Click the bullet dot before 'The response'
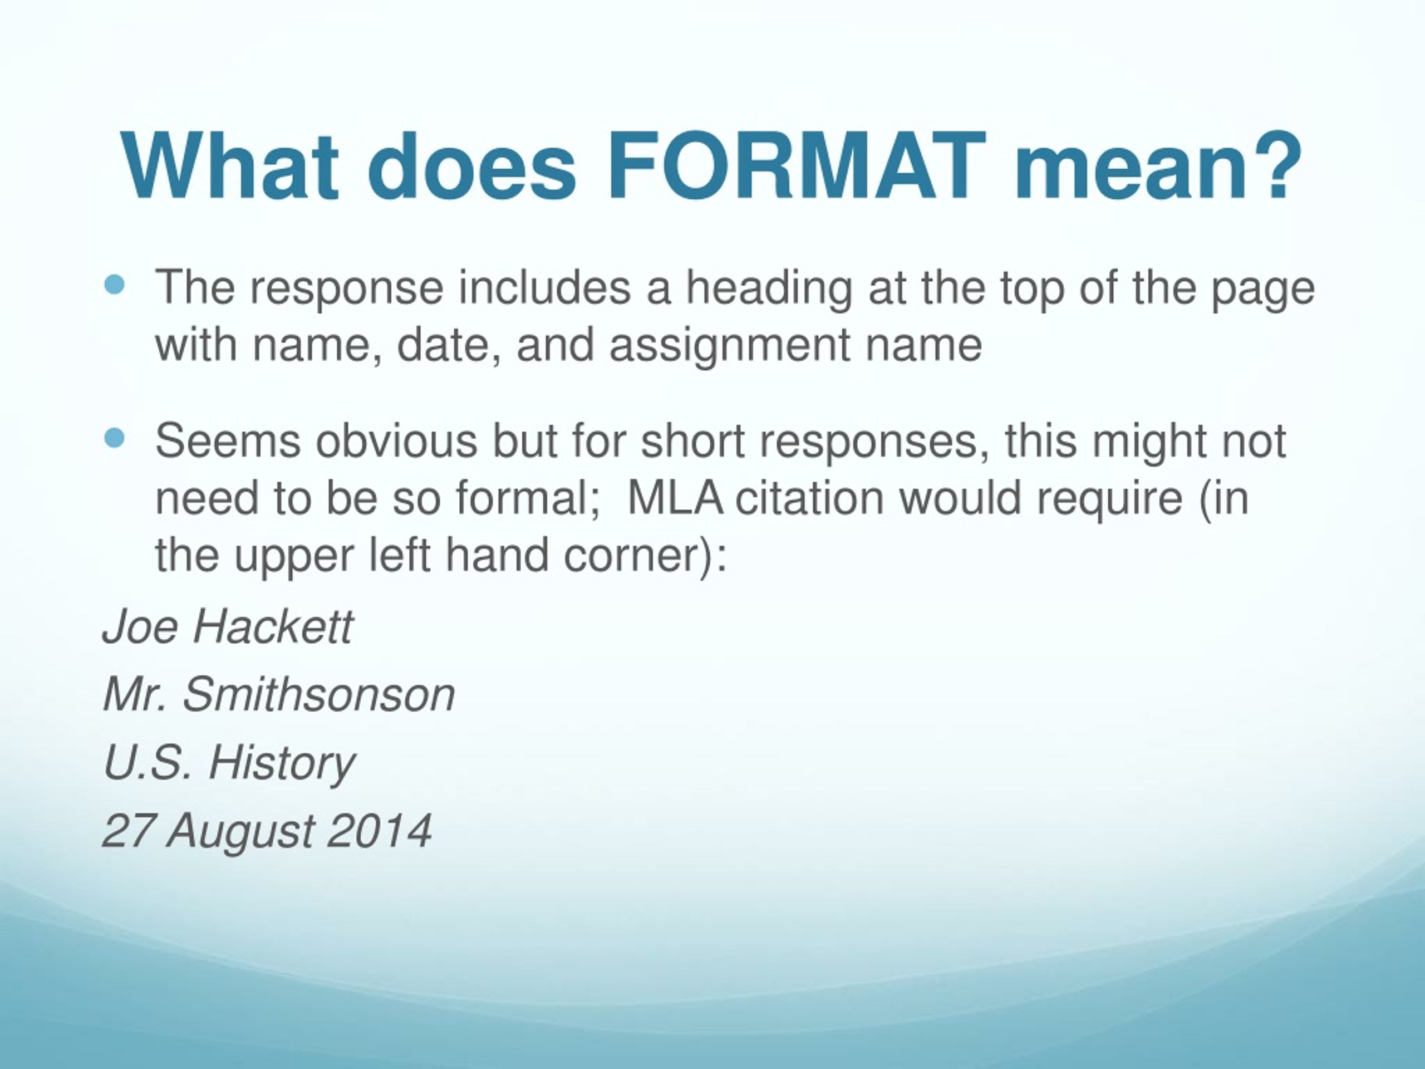pyautogui.click(x=115, y=285)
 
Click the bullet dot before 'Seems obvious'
pyautogui.click(x=115, y=439)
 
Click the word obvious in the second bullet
pyautogui.click(x=396, y=442)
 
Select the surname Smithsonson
pyautogui.click(x=319, y=695)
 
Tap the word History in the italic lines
pyautogui.click(x=281, y=763)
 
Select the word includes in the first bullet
pyautogui.click(x=544, y=288)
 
